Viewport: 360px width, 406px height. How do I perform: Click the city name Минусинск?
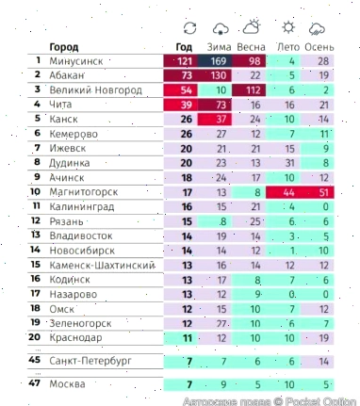pos(75,61)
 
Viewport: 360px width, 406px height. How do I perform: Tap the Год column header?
pos(186,46)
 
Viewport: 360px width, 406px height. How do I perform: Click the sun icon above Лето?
pos(287,28)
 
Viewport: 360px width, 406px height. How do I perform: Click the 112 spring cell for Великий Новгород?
pos(252,90)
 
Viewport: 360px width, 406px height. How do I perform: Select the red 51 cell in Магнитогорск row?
pos(322,191)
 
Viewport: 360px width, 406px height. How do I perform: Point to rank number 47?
pos(34,384)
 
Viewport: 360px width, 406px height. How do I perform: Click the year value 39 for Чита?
pos(186,105)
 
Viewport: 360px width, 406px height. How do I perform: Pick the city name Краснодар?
pos(76,336)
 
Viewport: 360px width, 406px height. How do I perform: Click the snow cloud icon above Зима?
pos(221,28)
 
